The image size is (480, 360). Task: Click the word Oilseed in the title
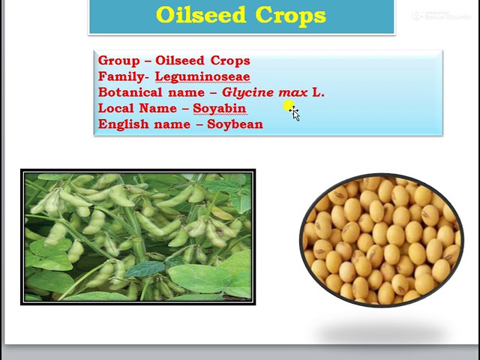coord(202,15)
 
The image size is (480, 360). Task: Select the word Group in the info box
coord(118,61)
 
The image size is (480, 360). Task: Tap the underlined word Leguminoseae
coord(202,76)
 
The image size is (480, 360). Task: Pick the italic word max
coord(292,92)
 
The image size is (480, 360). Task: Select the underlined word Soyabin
coord(219,108)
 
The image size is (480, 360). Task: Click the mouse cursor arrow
coord(295,114)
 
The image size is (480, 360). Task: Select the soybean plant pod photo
coord(138,237)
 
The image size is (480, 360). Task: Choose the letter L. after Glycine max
coord(319,92)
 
